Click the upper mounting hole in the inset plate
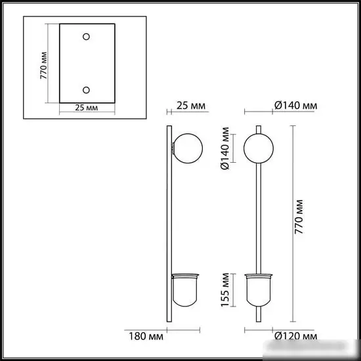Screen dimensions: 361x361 [87, 37]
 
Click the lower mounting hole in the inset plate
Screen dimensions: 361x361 [87, 89]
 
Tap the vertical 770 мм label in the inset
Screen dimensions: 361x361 [43, 66]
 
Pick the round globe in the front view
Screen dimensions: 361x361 [257, 148]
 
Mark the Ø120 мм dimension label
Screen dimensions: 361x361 [295, 338]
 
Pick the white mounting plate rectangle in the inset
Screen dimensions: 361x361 [87, 64]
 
